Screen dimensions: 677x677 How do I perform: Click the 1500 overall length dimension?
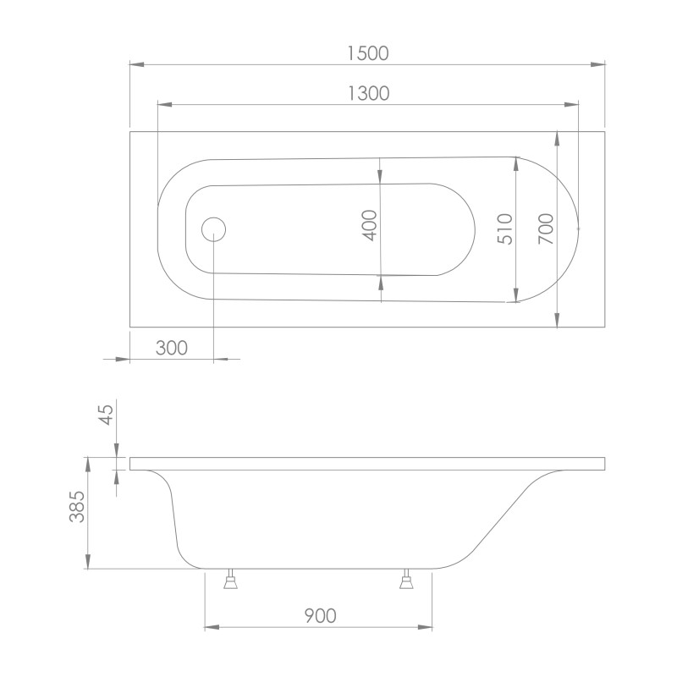[x=367, y=52]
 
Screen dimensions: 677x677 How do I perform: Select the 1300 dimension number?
[x=368, y=94]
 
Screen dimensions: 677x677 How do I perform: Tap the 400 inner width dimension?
[x=369, y=225]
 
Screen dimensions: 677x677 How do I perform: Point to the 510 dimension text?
[x=505, y=228]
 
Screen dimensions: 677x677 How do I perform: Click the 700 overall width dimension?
[x=546, y=228]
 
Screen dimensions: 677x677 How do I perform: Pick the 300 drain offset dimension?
[x=171, y=348]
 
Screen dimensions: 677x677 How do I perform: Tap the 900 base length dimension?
[x=319, y=615]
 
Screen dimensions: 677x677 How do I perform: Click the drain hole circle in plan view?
[x=213, y=228]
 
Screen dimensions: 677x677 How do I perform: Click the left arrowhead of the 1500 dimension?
[x=135, y=63]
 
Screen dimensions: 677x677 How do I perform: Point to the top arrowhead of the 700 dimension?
[x=557, y=138]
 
